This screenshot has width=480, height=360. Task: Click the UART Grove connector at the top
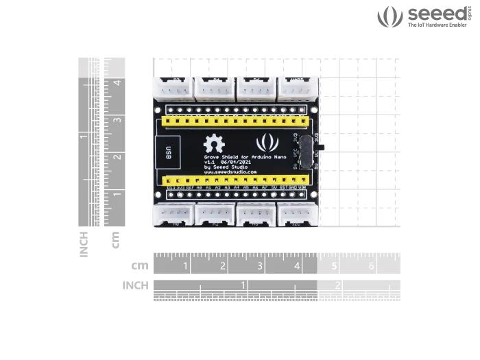coord(298,88)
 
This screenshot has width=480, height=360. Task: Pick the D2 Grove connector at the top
coord(174,88)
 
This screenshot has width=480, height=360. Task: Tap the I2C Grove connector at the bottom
coord(298,215)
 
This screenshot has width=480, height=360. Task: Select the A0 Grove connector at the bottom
coord(174,215)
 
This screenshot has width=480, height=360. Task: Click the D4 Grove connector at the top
coord(215,88)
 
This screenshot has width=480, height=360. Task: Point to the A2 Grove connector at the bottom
coord(215,215)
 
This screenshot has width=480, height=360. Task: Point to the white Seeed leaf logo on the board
coord(267,143)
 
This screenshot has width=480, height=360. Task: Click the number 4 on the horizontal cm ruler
coord(297,265)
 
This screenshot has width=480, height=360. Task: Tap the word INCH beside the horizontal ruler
coord(135,285)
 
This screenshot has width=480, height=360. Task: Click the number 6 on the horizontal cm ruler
coord(371,265)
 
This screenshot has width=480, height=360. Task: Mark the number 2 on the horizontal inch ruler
coord(337,285)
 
